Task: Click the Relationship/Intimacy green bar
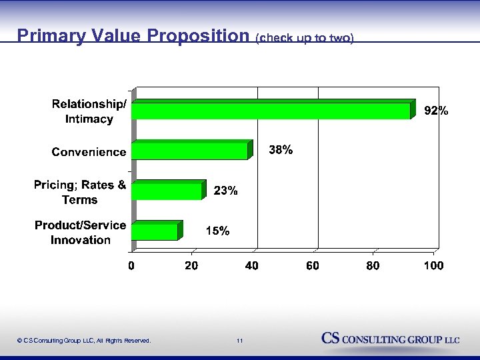click(x=272, y=111)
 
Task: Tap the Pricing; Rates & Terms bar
click(x=167, y=191)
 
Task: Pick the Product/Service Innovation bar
click(x=155, y=231)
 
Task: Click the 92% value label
click(x=437, y=111)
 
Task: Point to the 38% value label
click(x=280, y=151)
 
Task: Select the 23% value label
click(x=225, y=191)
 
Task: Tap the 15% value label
click(x=217, y=231)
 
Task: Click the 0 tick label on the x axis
click(x=131, y=266)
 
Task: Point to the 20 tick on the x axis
click(x=191, y=266)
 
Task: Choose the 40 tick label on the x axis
click(x=252, y=266)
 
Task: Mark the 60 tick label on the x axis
click(x=312, y=266)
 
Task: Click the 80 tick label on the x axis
click(x=373, y=266)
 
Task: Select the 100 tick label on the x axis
click(x=433, y=266)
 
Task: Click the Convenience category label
click(x=89, y=152)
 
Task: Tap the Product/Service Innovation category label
click(x=81, y=233)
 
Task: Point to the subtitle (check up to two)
click(x=303, y=38)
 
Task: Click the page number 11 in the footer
click(x=239, y=341)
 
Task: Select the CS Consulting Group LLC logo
click(x=391, y=339)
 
